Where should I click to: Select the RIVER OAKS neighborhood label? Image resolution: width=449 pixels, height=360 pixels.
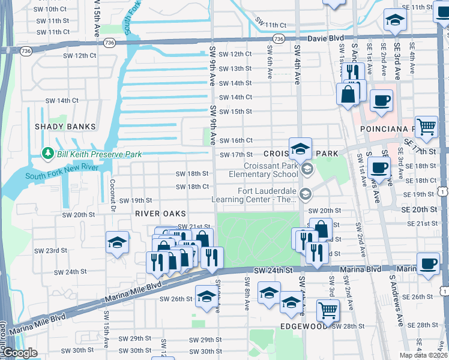click(160, 214)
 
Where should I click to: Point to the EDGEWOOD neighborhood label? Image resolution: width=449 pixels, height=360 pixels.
click(304, 327)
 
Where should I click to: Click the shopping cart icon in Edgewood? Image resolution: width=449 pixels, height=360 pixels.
click(328, 310)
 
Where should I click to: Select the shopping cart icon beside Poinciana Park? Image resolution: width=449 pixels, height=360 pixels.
click(426, 126)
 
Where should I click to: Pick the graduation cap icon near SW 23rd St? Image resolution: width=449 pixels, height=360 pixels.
click(117, 242)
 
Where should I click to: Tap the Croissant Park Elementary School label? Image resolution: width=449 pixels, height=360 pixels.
click(271, 170)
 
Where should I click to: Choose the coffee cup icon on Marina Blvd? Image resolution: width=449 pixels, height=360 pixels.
click(428, 263)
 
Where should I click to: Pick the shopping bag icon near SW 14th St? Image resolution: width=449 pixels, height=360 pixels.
click(348, 94)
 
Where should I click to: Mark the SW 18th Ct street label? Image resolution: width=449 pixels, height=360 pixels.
click(192, 187)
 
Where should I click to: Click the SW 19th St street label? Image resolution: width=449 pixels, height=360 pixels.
click(135, 200)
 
